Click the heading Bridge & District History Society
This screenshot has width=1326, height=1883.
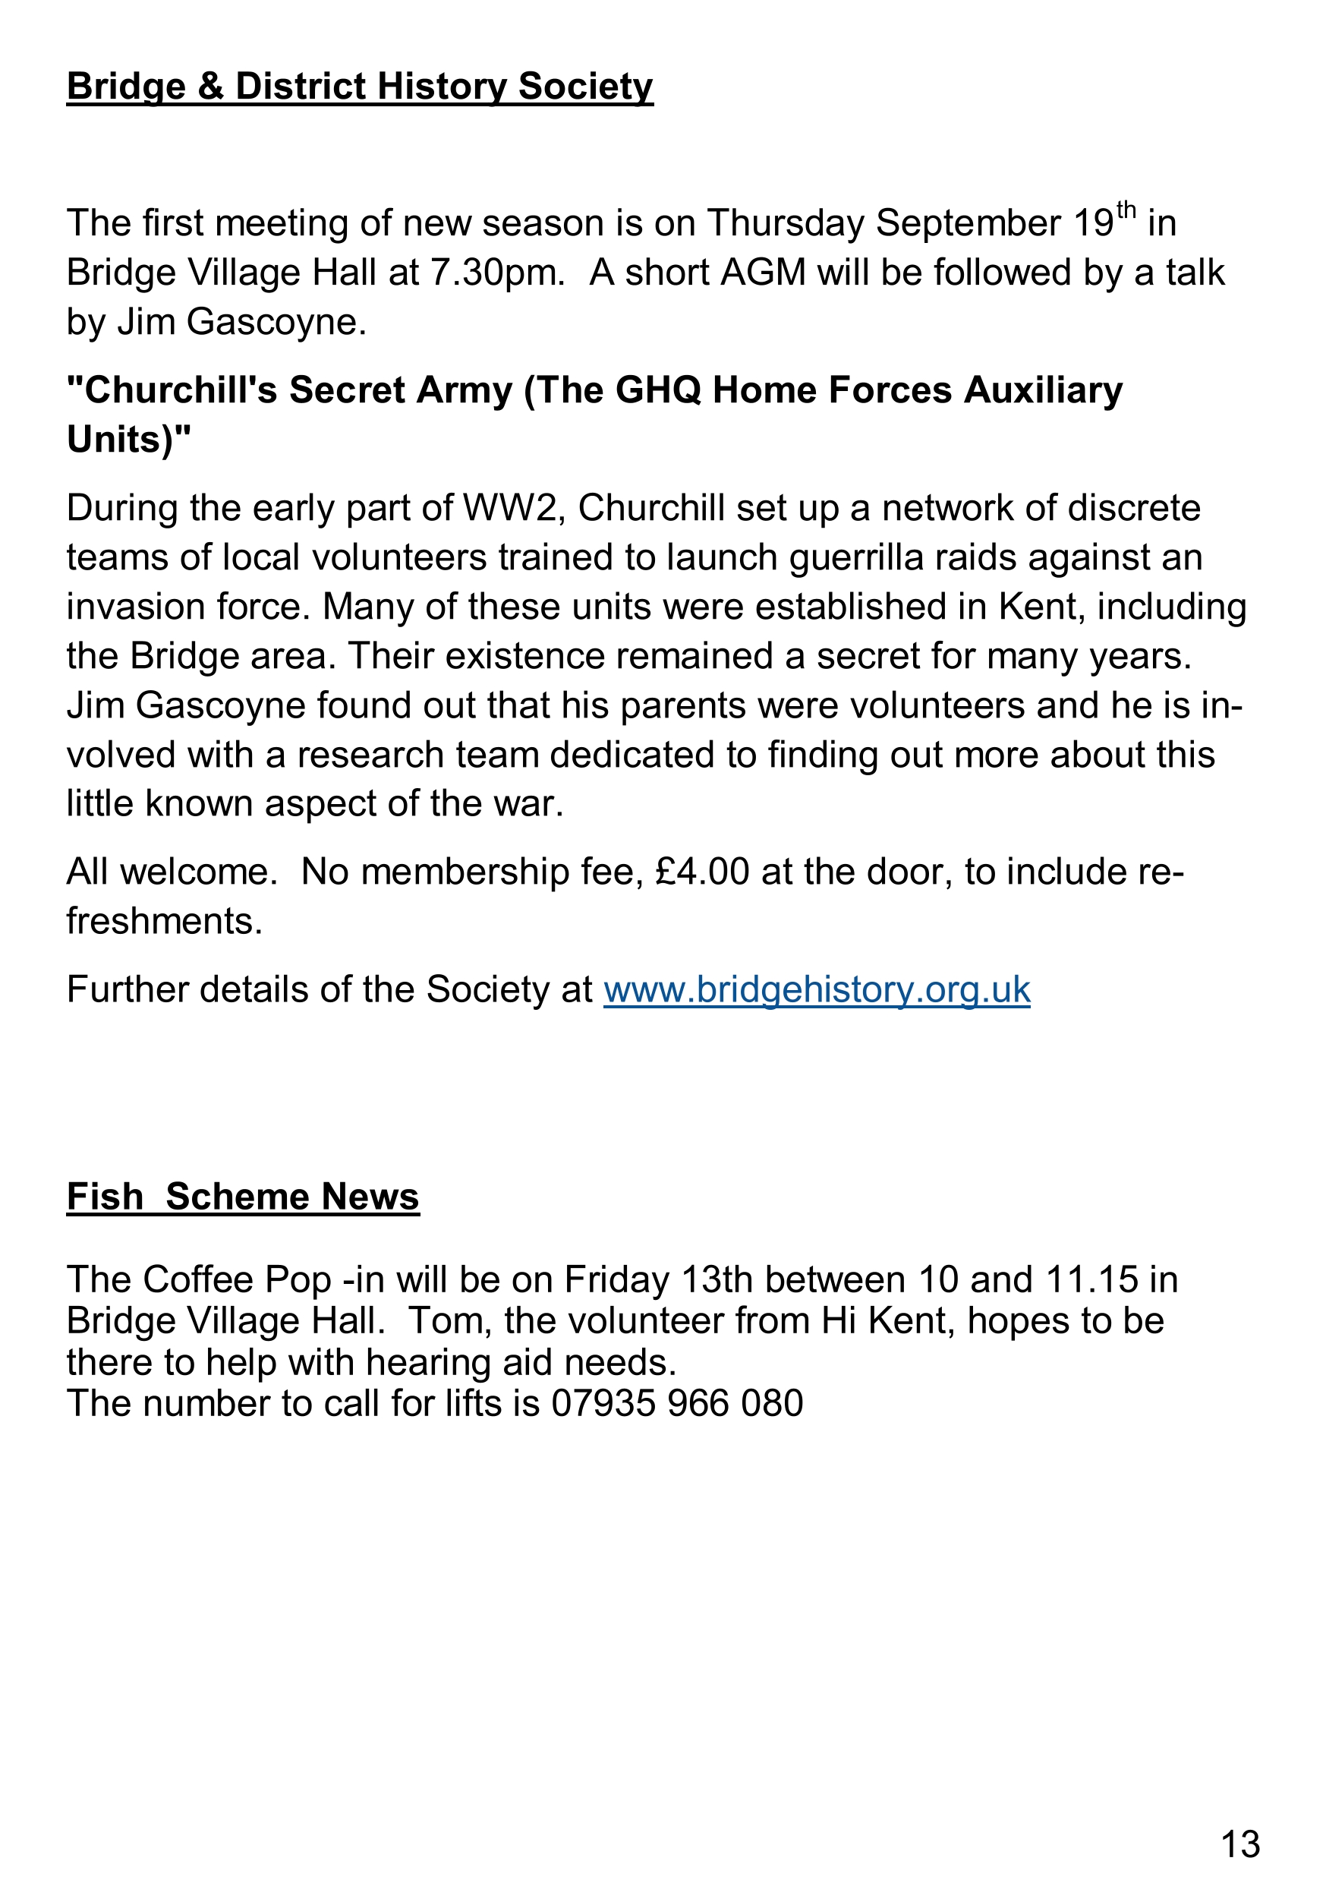359,87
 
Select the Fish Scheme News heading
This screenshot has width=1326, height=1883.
243,1197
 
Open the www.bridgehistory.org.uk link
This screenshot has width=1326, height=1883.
817,989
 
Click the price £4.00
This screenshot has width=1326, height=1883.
703,872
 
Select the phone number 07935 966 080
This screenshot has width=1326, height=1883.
677,1403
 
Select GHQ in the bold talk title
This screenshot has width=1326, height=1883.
657,390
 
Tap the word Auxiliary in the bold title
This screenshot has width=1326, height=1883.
1042,390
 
